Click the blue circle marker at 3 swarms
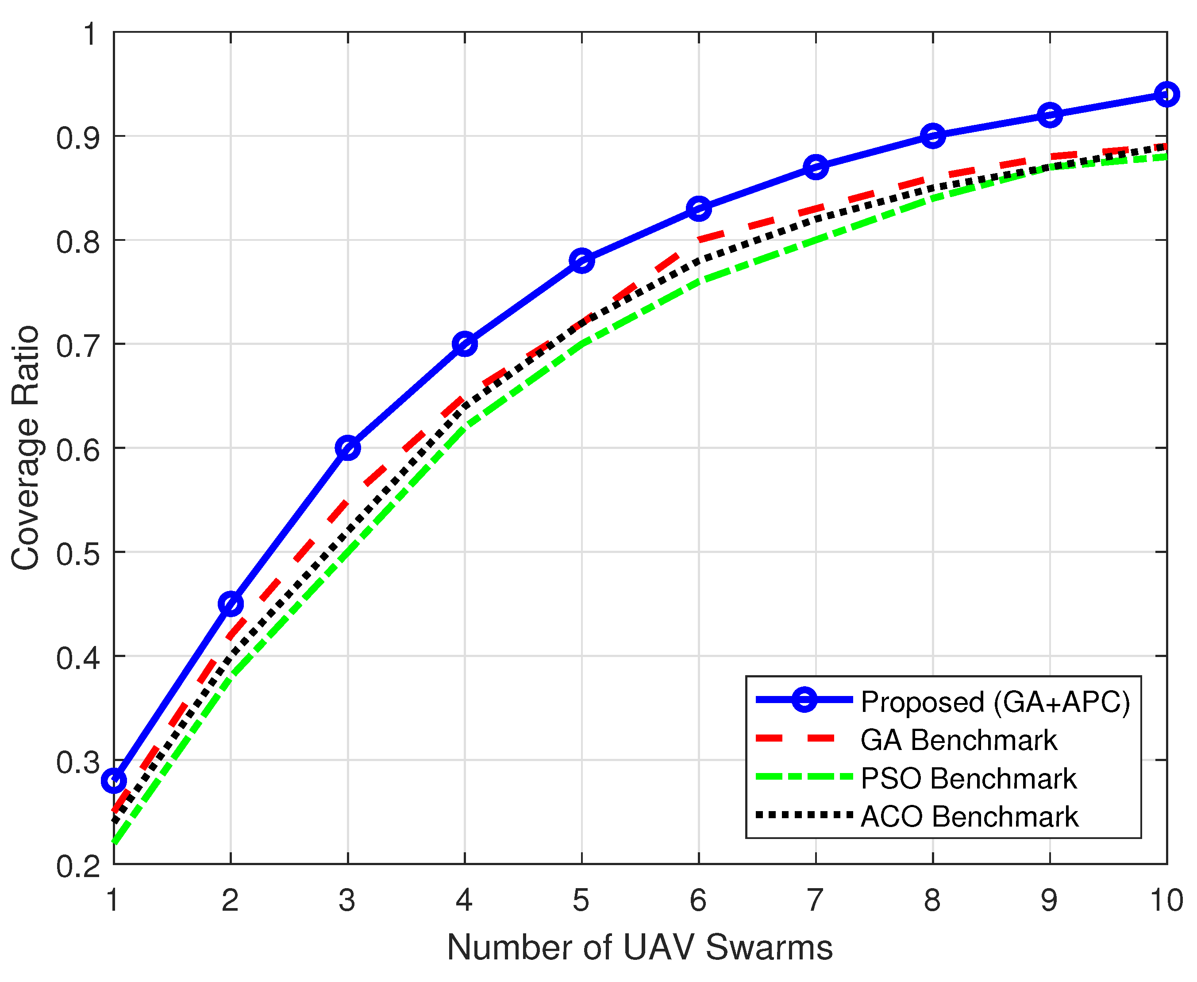point(348,448)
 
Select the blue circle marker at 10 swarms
point(1166,94)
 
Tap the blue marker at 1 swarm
point(114,781)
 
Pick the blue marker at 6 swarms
point(699,209)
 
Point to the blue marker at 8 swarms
point(933,136)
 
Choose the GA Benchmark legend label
point(958,740)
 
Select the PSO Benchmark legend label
point(968,778)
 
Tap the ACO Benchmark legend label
point(969,816)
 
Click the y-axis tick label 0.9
point(78,137)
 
